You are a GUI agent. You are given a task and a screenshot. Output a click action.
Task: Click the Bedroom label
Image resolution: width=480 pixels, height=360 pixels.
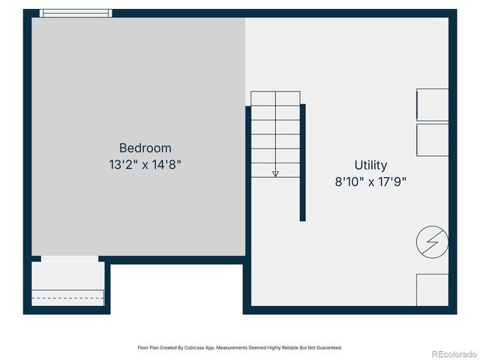tap(145, 148)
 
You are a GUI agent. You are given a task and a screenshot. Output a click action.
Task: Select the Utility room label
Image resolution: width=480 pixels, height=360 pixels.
tap(370, 165)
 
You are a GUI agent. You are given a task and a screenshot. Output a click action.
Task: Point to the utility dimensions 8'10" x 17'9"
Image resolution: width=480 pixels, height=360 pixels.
tap(370, 181)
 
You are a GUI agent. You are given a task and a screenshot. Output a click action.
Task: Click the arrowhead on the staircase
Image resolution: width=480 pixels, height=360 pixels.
tap(275, 173)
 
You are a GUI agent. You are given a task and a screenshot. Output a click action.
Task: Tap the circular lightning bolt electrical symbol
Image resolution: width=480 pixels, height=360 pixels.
tap(432, 241)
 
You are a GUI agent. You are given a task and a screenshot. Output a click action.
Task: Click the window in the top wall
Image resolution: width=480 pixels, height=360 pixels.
tap(75, 13)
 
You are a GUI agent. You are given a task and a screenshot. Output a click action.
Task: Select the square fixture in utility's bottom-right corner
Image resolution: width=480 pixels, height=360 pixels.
tap(432, 289)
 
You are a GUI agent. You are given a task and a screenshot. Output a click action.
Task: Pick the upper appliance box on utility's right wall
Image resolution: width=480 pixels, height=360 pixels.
tap(432, 105)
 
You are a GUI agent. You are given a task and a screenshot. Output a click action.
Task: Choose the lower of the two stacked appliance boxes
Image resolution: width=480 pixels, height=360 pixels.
tap(432, 139)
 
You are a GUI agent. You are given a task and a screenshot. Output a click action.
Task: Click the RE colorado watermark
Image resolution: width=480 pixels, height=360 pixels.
tap(452, 354)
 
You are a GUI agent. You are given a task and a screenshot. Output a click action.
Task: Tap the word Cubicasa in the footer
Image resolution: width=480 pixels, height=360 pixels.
tap(191, 348)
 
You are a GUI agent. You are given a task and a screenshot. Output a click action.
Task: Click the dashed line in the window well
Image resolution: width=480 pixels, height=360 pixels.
tap(67, 298)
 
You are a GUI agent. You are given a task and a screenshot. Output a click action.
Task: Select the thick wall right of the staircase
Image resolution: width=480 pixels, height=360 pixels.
tap(303, 162)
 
